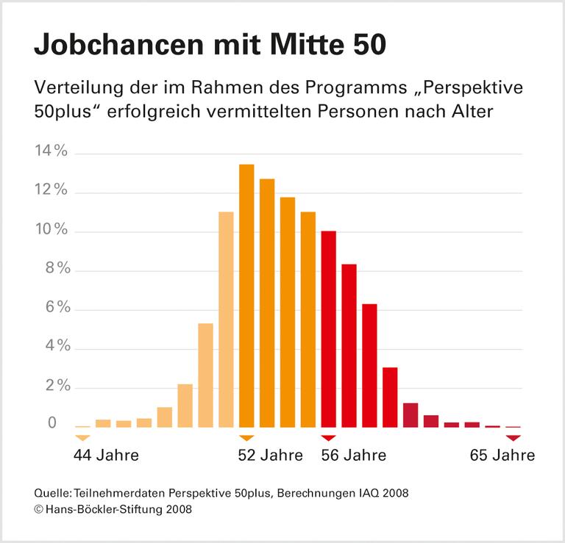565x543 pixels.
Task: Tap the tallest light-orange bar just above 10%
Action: [226, 319]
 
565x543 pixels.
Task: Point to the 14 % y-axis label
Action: [51, 153]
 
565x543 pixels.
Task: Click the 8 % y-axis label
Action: [54, 270]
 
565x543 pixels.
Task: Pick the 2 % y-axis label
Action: [54, 386]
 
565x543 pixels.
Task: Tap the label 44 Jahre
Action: [106, 456]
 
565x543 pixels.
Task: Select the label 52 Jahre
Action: [270, 456]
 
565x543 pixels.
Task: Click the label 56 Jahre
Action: [354, 456]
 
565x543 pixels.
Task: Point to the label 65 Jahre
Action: [502, 456]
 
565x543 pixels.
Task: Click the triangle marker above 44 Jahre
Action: [82, 438]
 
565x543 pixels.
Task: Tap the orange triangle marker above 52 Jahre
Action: [246, 438]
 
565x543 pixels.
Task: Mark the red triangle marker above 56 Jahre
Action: [329, 438]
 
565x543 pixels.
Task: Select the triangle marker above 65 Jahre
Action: [514, 438]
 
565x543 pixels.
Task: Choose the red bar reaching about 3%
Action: [391, 397]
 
